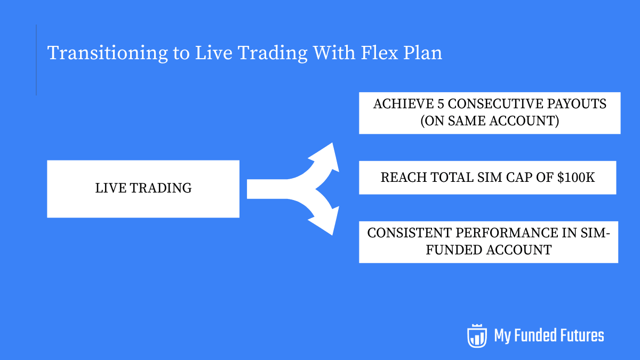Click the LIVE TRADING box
143,188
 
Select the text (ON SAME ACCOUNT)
490,121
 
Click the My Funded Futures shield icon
477,335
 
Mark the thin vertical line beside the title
36,60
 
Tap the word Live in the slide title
213,53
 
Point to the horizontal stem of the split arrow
267,189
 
